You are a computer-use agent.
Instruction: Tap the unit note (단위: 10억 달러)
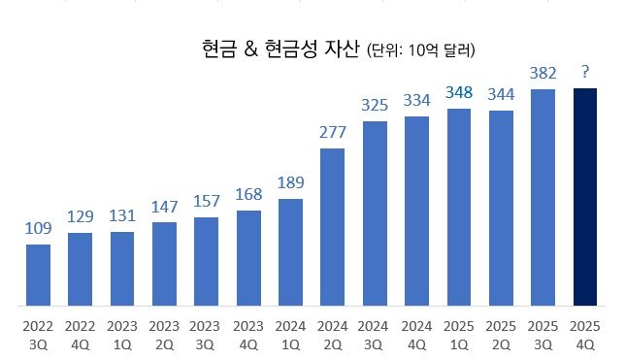pos(425,49)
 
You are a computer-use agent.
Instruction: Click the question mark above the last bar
pos(585,71)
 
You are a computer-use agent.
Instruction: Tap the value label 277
pos(332,131)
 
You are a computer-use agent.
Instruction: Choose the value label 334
pos(416,100)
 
